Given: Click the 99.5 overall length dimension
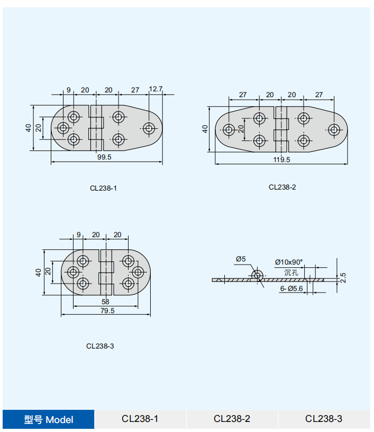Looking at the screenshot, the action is [104, 157].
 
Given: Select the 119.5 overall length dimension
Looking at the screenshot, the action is [281, 160].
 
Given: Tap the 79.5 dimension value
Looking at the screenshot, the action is [107, 311].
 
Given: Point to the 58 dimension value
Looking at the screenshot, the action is [105, 302].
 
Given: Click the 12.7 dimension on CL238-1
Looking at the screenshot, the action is [156, 89].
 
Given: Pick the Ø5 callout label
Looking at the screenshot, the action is [241, 259].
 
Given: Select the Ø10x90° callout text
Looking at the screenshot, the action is [289, 262].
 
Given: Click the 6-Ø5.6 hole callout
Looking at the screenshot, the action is [291, 288].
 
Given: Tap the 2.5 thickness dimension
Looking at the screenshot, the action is [343, 278].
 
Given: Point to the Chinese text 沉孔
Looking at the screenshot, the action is [291, 273].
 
